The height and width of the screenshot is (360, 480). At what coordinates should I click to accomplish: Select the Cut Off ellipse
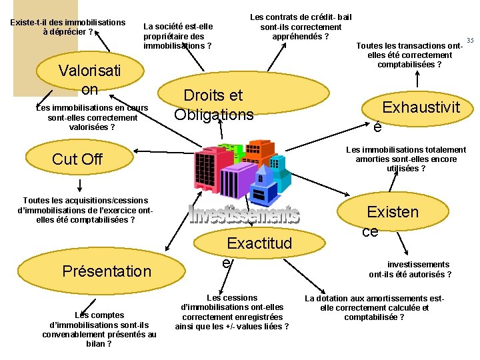click(77, 159)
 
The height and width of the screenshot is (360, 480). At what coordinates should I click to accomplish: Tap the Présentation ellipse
click(107, 271)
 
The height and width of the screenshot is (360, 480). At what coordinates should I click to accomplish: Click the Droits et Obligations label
click(213, 105)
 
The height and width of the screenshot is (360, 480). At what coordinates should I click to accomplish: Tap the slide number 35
click(470, 41)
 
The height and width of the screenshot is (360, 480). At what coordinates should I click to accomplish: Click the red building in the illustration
click(208, 165)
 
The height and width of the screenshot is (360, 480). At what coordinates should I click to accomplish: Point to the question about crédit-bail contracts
click(301, 27)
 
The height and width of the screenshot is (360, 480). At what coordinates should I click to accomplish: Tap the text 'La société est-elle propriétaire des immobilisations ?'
click(178, 36)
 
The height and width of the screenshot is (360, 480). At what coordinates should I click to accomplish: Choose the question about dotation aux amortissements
click(374, 307)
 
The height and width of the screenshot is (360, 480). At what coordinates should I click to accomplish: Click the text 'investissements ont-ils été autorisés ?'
click(410, 269)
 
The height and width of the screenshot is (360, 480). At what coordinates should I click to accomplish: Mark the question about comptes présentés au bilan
click(99, 329)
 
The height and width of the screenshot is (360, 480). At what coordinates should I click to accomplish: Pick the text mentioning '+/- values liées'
click(231, 312)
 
